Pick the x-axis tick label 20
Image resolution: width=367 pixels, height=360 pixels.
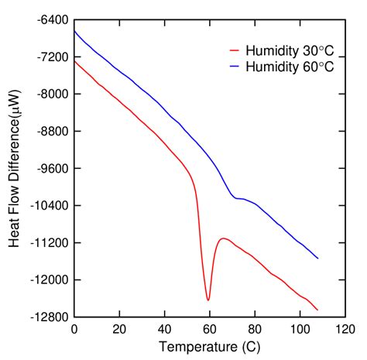[119, 329]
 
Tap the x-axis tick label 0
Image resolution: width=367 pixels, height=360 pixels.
[74, 329]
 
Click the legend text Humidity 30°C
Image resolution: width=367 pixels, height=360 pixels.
[290, 52]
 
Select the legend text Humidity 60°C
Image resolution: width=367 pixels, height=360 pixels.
[290, 67]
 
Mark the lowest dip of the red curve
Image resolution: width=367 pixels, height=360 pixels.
[208, 300]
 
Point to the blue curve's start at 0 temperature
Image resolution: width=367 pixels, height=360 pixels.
[74, 31]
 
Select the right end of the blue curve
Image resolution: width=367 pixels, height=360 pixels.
[318, 259]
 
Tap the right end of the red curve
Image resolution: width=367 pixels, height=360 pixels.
[318, 310]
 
